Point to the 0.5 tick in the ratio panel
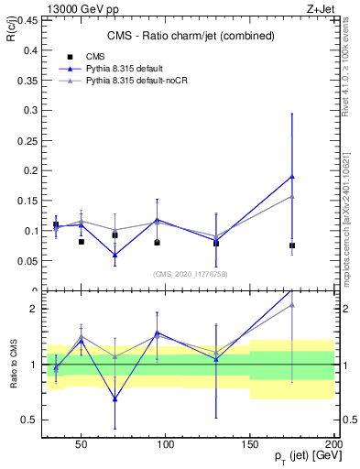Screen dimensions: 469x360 29,420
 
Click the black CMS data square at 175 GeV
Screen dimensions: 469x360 292,245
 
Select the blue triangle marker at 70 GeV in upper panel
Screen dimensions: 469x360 115,256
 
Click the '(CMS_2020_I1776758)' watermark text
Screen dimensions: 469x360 191,273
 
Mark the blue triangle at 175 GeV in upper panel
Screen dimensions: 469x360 292,176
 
